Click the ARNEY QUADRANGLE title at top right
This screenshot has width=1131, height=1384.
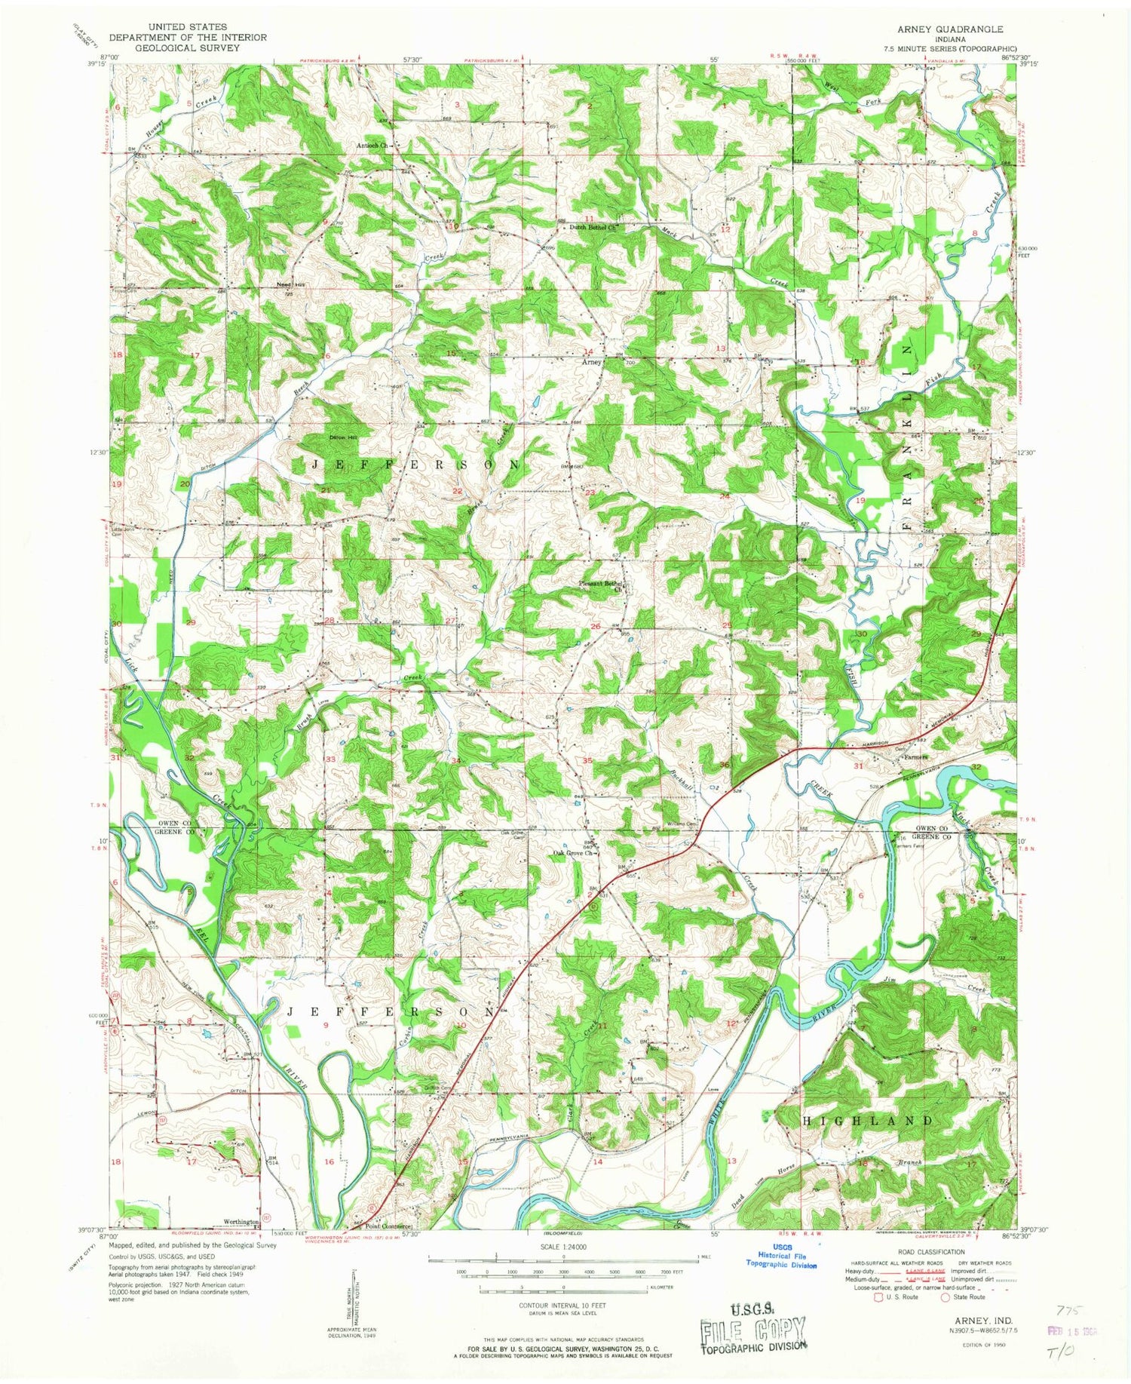click(949, 29)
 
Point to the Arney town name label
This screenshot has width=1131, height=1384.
click(590, 362)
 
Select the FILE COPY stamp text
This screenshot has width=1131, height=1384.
click(752, 1328)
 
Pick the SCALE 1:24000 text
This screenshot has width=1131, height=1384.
click(563, 1247)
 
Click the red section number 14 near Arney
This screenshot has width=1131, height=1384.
click(589, 351)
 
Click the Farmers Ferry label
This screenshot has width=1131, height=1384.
click(909, 845)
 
